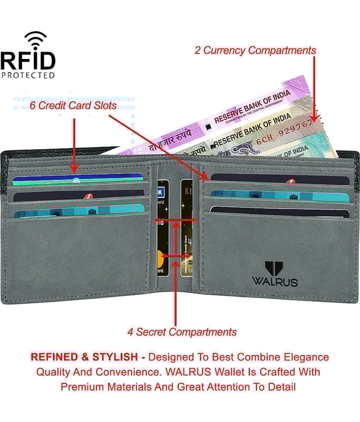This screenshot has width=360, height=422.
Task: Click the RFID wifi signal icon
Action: point(35,40)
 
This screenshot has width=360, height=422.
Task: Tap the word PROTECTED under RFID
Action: point(28,75)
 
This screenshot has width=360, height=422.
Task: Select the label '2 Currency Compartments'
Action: point(255,51)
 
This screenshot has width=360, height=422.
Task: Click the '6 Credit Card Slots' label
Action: point(65,105)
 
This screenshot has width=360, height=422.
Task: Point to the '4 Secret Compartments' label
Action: point(182,332)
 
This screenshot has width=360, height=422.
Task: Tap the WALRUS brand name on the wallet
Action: point(275,281)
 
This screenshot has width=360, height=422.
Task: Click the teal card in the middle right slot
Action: point(279,196)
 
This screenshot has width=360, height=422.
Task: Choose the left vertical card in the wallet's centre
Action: point(163,227)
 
